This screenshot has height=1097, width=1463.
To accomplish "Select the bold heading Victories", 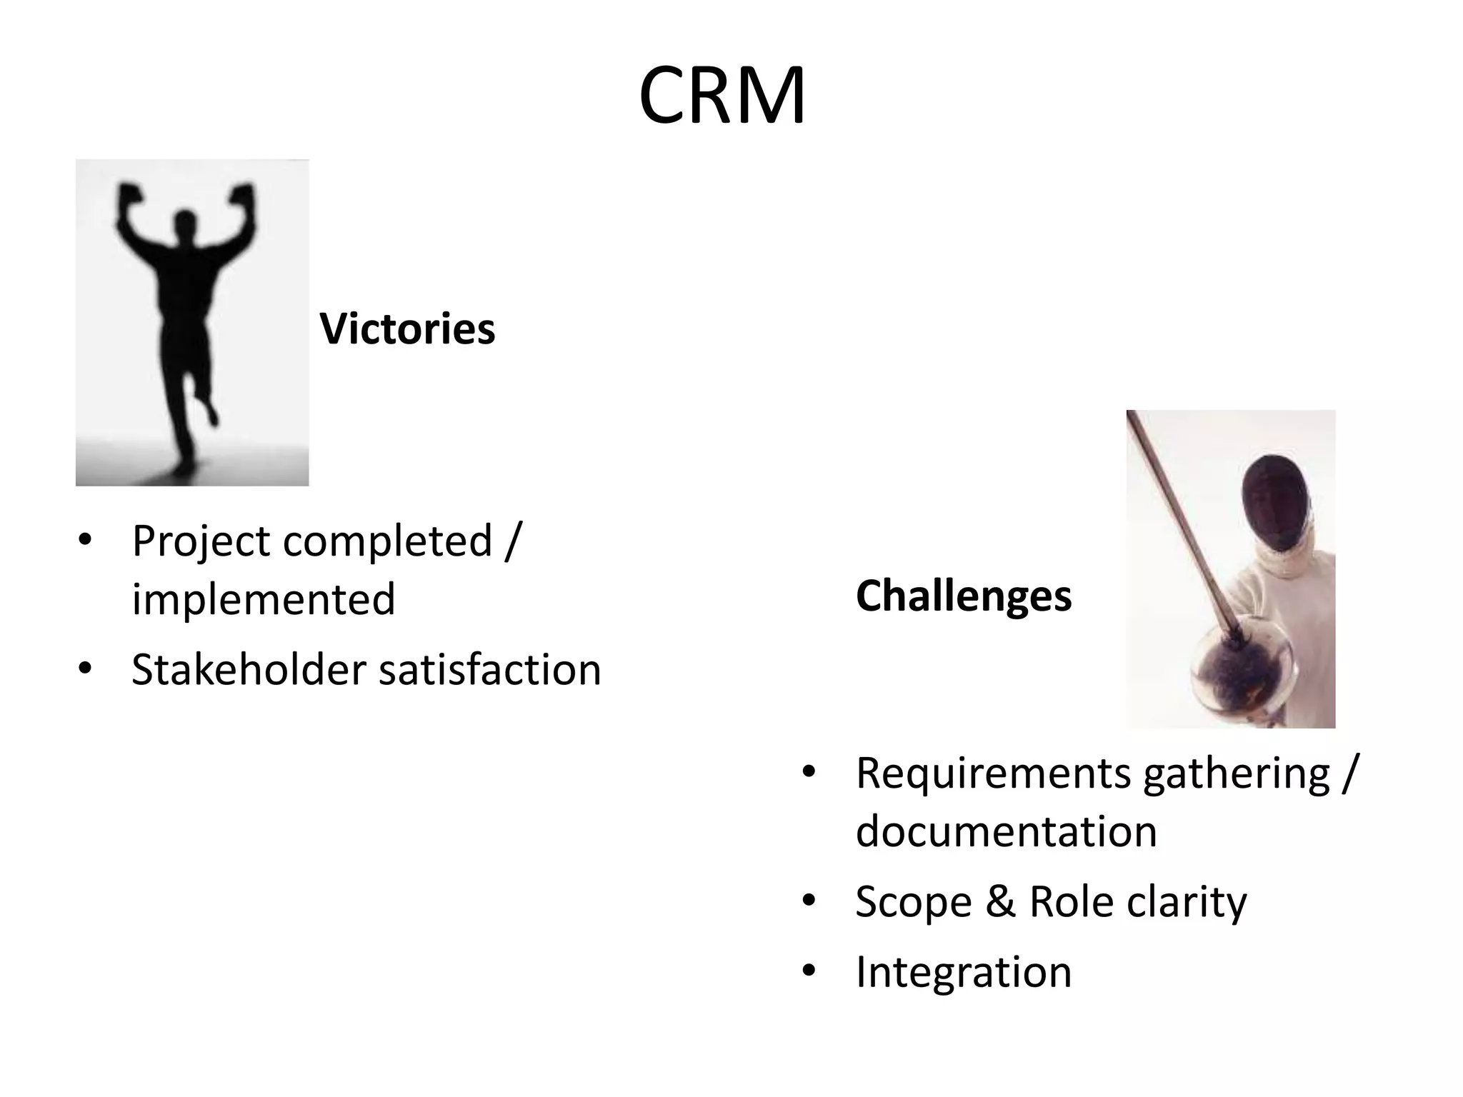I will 407,329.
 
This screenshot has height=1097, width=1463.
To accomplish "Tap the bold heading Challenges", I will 964,596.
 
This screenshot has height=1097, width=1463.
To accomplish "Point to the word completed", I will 388,541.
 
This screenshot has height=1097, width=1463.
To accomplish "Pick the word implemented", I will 263,598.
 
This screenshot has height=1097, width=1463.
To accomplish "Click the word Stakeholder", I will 249,670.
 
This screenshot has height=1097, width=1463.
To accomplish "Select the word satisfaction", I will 490,670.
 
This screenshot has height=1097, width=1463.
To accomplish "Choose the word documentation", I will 1006,831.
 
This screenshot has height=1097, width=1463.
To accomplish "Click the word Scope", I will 914,901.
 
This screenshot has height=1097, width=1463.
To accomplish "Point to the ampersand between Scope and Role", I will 1000,901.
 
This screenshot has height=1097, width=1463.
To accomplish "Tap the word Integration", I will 964,973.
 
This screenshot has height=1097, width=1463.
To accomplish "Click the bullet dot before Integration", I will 809,971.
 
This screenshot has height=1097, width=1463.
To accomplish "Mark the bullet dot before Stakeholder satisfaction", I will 85,669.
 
